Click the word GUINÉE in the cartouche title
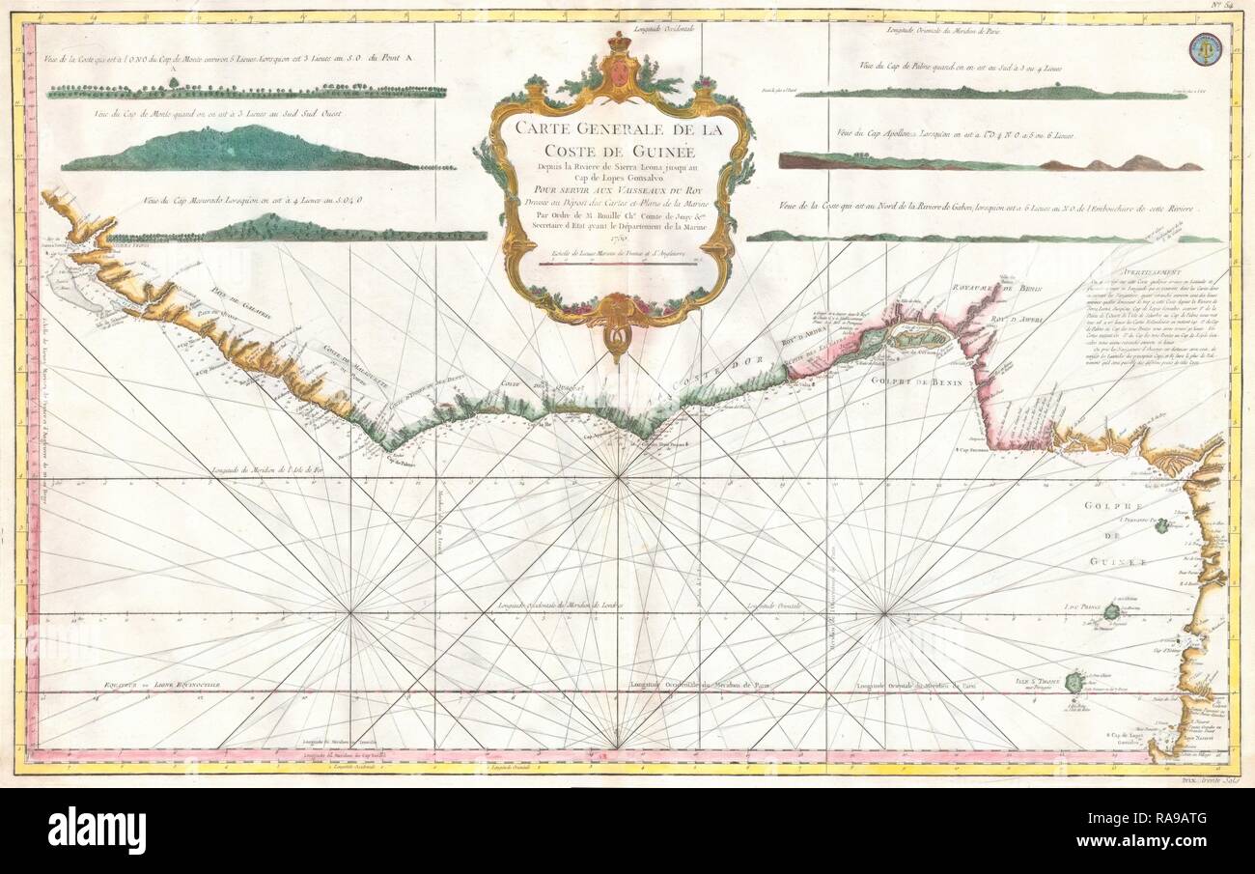pyautogui.click(x=687, y=151)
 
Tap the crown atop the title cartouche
pyautogui.click(x=618, y=44)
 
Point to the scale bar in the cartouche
pyautogui.click(x=621, y=262)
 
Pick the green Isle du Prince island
pyautogui.click(x=1112, y=611)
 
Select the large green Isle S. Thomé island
pyautogui.click(x=1073, y=682)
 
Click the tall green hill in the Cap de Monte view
pyautogui.click(x=232, y=148)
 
